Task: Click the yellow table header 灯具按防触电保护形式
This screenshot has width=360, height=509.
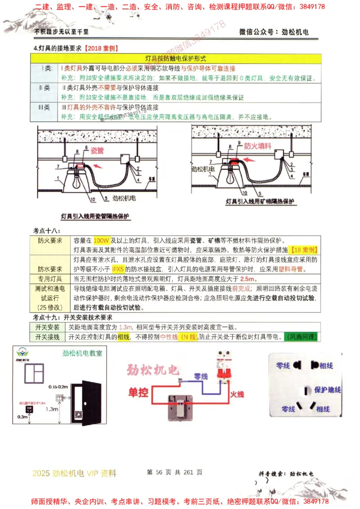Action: (175, 58)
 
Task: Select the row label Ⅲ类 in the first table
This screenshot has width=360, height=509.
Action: (44, 107)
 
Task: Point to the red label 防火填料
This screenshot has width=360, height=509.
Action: (257, 146)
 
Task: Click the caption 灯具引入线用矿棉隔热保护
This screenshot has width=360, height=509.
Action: (260, 202)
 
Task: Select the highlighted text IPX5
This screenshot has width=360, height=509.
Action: (117, 270)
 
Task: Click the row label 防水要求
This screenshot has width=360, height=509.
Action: (50, 269)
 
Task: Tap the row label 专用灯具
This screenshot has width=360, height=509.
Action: (50, 279)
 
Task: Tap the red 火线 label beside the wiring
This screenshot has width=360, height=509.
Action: (237, 394)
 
